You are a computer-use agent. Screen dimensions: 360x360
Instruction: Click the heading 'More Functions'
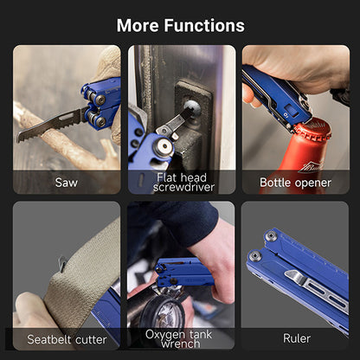(x=180, y=25)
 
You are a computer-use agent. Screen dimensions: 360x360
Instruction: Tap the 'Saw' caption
(x=66, y=183)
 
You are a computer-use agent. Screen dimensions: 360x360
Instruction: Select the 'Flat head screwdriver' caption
(x=181, y=182)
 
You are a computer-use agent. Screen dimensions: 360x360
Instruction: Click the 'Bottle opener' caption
(x=295, y=183)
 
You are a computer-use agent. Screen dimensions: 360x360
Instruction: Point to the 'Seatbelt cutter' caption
(x=66, y=338)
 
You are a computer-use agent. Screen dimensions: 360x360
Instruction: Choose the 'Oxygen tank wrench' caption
(x=181, y=338)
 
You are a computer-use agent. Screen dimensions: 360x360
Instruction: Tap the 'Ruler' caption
(x=296, y=338)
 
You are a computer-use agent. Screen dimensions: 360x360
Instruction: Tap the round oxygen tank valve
(x=161, y=312)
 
